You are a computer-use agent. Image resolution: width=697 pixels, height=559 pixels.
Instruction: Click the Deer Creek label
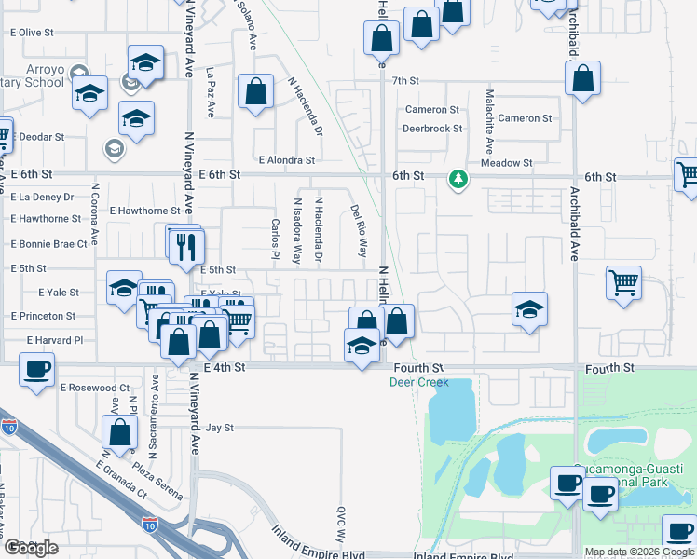418,383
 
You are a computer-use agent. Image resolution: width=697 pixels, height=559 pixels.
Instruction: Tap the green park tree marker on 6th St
458,178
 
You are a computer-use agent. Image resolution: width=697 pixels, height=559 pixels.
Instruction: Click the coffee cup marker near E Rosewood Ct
36,370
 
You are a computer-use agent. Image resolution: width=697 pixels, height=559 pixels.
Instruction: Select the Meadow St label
506,163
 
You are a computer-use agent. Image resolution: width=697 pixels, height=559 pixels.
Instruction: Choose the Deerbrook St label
432,129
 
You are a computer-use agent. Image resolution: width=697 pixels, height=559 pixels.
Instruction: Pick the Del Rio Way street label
359,232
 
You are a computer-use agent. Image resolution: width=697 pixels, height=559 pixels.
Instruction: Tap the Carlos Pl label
276,240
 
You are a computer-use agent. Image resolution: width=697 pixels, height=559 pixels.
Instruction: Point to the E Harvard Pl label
55,340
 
